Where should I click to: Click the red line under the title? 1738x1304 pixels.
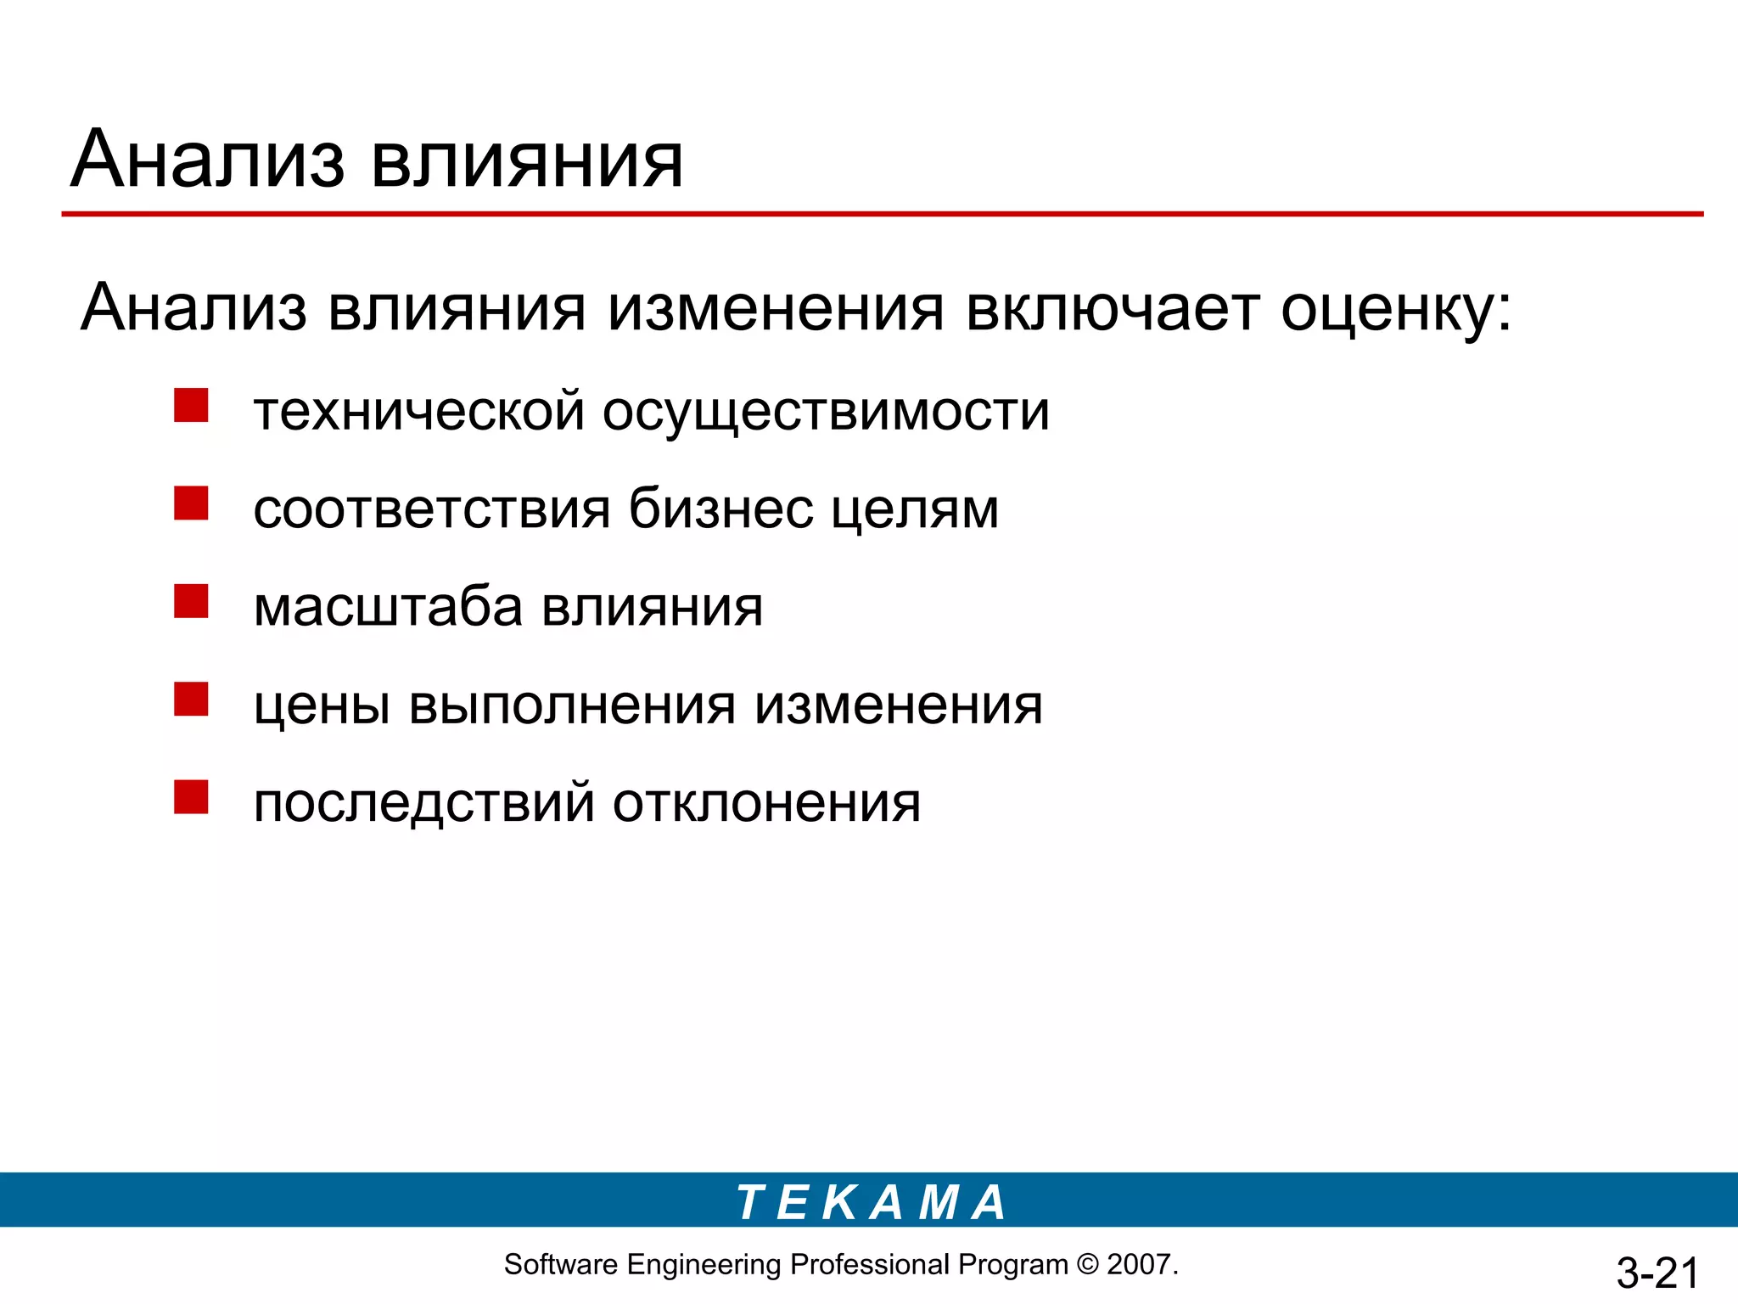883,214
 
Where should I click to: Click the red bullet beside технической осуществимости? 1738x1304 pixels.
191,405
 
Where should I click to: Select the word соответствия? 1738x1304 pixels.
432,510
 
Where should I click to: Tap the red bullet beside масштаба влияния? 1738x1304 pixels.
191,601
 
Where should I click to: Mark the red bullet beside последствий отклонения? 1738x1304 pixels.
191,797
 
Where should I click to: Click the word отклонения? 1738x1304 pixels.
766,803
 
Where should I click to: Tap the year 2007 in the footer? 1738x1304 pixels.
1140,1265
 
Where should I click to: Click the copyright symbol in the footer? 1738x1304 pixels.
1087,1265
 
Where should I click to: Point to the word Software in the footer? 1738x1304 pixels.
560,1265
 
